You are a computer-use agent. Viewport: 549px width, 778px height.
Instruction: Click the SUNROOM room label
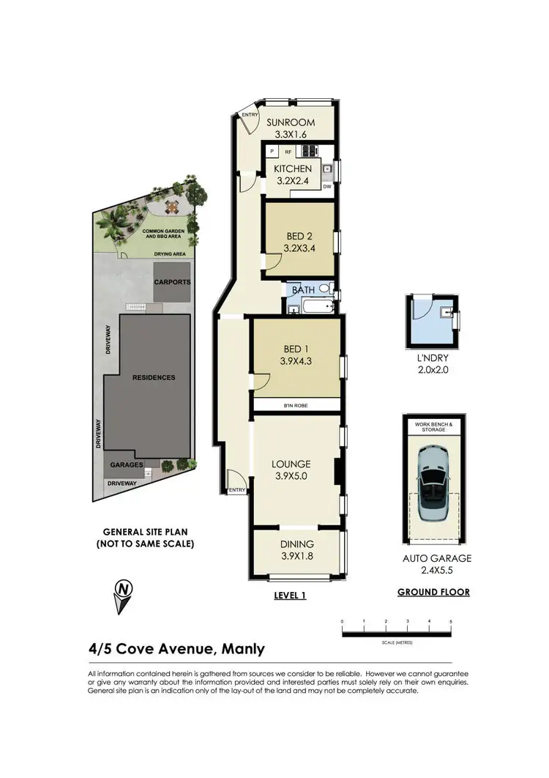click(290, 122)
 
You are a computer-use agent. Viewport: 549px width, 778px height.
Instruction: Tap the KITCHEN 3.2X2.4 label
click(292, 176)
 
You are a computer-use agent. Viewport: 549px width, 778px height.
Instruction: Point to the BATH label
click(303, 291)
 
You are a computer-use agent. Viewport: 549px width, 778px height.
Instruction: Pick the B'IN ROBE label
click(296, 405)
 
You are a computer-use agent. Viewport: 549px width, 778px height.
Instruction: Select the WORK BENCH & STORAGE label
click(433, 426)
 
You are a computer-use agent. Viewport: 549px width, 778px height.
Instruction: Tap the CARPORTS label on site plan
click(172, 281)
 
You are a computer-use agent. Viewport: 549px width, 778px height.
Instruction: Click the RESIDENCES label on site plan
click(154, 377)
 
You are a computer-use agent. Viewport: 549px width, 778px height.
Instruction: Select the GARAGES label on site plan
click(125, 464)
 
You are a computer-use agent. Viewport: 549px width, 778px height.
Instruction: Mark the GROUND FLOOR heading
click(433, 592)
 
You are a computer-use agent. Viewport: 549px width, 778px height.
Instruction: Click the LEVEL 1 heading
click(288, 596)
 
